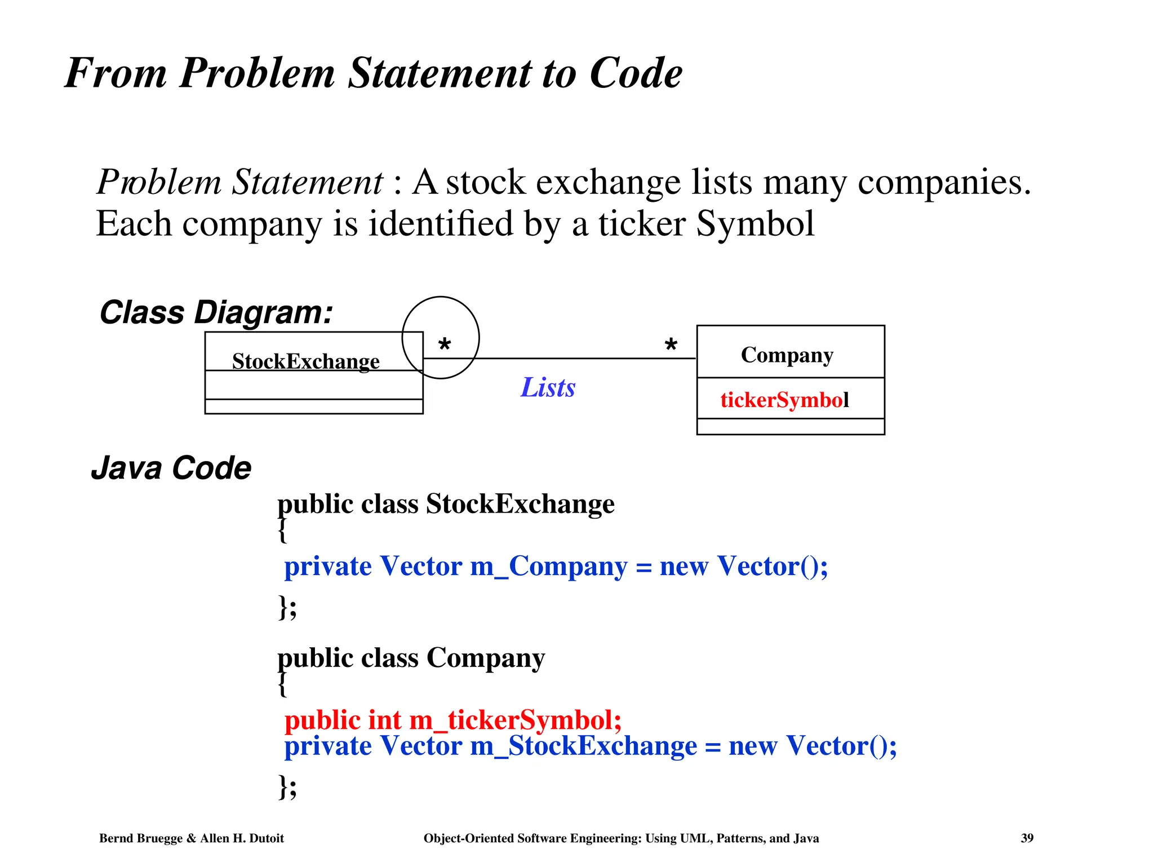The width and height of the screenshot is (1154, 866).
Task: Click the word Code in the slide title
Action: (636, 73)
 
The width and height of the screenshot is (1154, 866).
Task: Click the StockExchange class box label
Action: (306, 361)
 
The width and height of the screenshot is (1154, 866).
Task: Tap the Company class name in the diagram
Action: (787, 355)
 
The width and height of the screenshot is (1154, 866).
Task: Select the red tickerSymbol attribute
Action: (784, 400)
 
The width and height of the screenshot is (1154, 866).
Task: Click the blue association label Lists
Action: (548, 387)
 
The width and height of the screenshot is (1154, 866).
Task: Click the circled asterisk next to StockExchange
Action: (444, 344)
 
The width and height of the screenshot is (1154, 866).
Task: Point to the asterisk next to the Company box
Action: (671, 344)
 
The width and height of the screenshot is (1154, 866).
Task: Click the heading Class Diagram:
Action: (216, 312)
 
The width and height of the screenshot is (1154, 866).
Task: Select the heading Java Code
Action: (171, 468)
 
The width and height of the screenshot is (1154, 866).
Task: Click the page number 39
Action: (1027, 838)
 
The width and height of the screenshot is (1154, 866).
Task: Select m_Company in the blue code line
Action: (548, 566)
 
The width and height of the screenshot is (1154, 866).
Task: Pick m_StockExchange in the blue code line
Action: (583, 746)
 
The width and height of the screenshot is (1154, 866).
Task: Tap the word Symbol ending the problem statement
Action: (755, 224)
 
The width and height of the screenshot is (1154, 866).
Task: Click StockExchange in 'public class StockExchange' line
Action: (520, 503)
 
